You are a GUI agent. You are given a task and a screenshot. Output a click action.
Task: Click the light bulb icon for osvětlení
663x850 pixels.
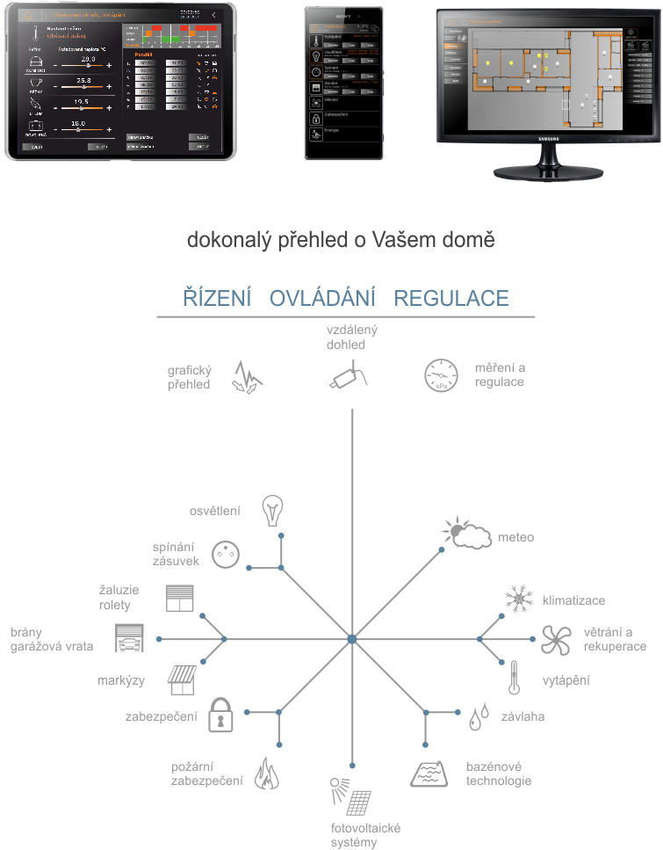(274, 510)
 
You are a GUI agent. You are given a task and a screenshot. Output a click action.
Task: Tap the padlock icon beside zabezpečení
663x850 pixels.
(220, 716)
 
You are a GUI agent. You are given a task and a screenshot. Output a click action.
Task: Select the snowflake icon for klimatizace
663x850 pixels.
(520, 600)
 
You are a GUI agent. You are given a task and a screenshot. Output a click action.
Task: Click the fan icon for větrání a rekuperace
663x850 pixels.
(558, 640)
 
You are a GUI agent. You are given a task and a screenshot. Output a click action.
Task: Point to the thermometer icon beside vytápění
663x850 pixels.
(514, 678)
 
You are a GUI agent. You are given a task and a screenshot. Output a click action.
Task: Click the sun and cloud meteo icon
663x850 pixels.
(465, 534)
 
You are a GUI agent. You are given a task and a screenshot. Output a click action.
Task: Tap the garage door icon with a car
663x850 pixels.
(130, 639)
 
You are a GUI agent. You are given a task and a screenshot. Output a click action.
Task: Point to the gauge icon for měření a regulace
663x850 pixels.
(441, 375)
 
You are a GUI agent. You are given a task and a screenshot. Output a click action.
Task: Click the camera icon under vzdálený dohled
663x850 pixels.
(350, 375)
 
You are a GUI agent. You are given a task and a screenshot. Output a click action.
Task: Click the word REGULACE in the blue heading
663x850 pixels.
(451, 298)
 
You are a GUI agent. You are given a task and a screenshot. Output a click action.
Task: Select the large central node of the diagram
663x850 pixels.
(351, 639)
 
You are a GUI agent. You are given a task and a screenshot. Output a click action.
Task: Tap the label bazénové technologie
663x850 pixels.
(499, 774)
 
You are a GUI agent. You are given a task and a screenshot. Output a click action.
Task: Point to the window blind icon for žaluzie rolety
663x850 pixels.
(180, 598)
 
